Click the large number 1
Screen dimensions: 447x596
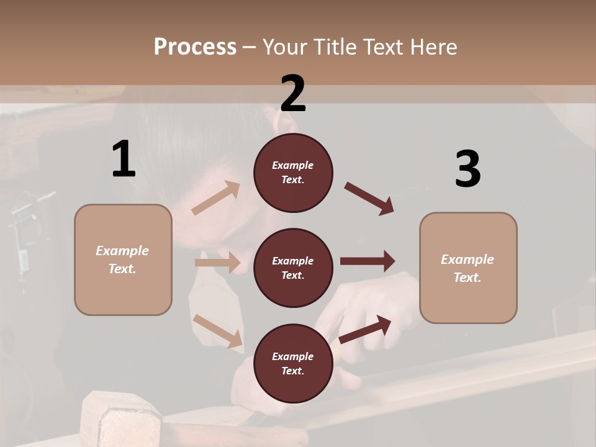click(x=124, y=160)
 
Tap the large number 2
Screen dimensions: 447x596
click(x=293, y=94)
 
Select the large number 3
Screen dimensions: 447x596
click(x=467, y=169)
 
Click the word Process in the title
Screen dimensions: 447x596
click(x=195, y=47)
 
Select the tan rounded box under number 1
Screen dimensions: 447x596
click(x=123, y=260)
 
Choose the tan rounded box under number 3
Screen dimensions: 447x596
click(x=468, y=268)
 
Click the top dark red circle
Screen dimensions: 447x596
click(x=293, y=173)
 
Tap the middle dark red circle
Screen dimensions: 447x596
click(x=293, y=268)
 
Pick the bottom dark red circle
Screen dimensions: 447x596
click(x=293, y=363)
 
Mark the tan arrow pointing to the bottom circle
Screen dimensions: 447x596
click(x=217, y=330)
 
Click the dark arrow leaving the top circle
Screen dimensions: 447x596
click(x=369, y=199)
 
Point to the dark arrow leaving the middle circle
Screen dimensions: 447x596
click(x=368, y=261)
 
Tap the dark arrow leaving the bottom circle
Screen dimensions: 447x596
click(x=365, y=329)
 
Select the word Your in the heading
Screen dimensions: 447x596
click(x=284, y=47)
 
